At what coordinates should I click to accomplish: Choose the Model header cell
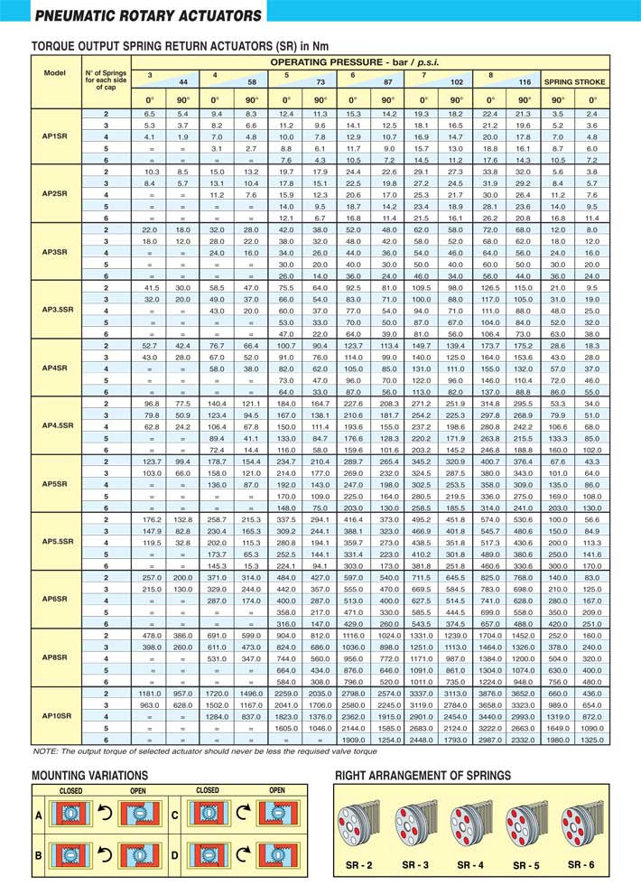pyautogui.click(x=54, y=72)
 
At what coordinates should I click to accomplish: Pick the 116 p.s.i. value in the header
pyautogui.click(x=523, y=81)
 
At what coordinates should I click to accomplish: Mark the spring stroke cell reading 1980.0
pyautogui.click(x=557, y=739)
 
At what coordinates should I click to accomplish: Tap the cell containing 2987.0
pyautogui.click(x=490, y=739)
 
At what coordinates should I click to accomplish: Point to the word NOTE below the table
pyautogui.click(x=44, y=750)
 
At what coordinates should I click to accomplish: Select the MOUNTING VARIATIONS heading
pyautogui.click(x=89, y=776)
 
